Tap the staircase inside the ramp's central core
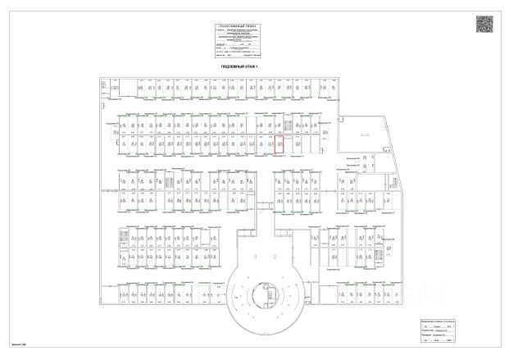pyautogui.click(x=267, y=293)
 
